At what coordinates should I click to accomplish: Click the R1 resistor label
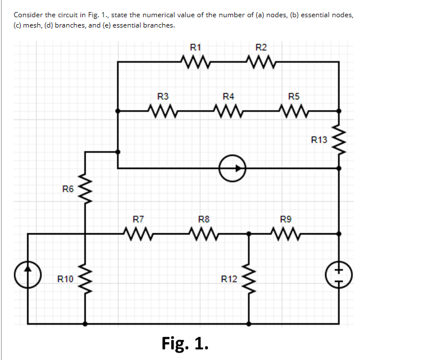click(195, 47)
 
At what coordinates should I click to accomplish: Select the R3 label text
click(163, 96)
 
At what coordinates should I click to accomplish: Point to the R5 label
click(293, 96)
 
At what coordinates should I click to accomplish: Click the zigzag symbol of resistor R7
click(138, 234)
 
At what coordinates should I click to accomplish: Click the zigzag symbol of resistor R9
click(286, 234)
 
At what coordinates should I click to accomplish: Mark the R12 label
click(229, 279)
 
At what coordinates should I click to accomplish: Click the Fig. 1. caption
click(185, 343)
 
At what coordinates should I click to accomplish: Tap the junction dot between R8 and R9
click(249, 234)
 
